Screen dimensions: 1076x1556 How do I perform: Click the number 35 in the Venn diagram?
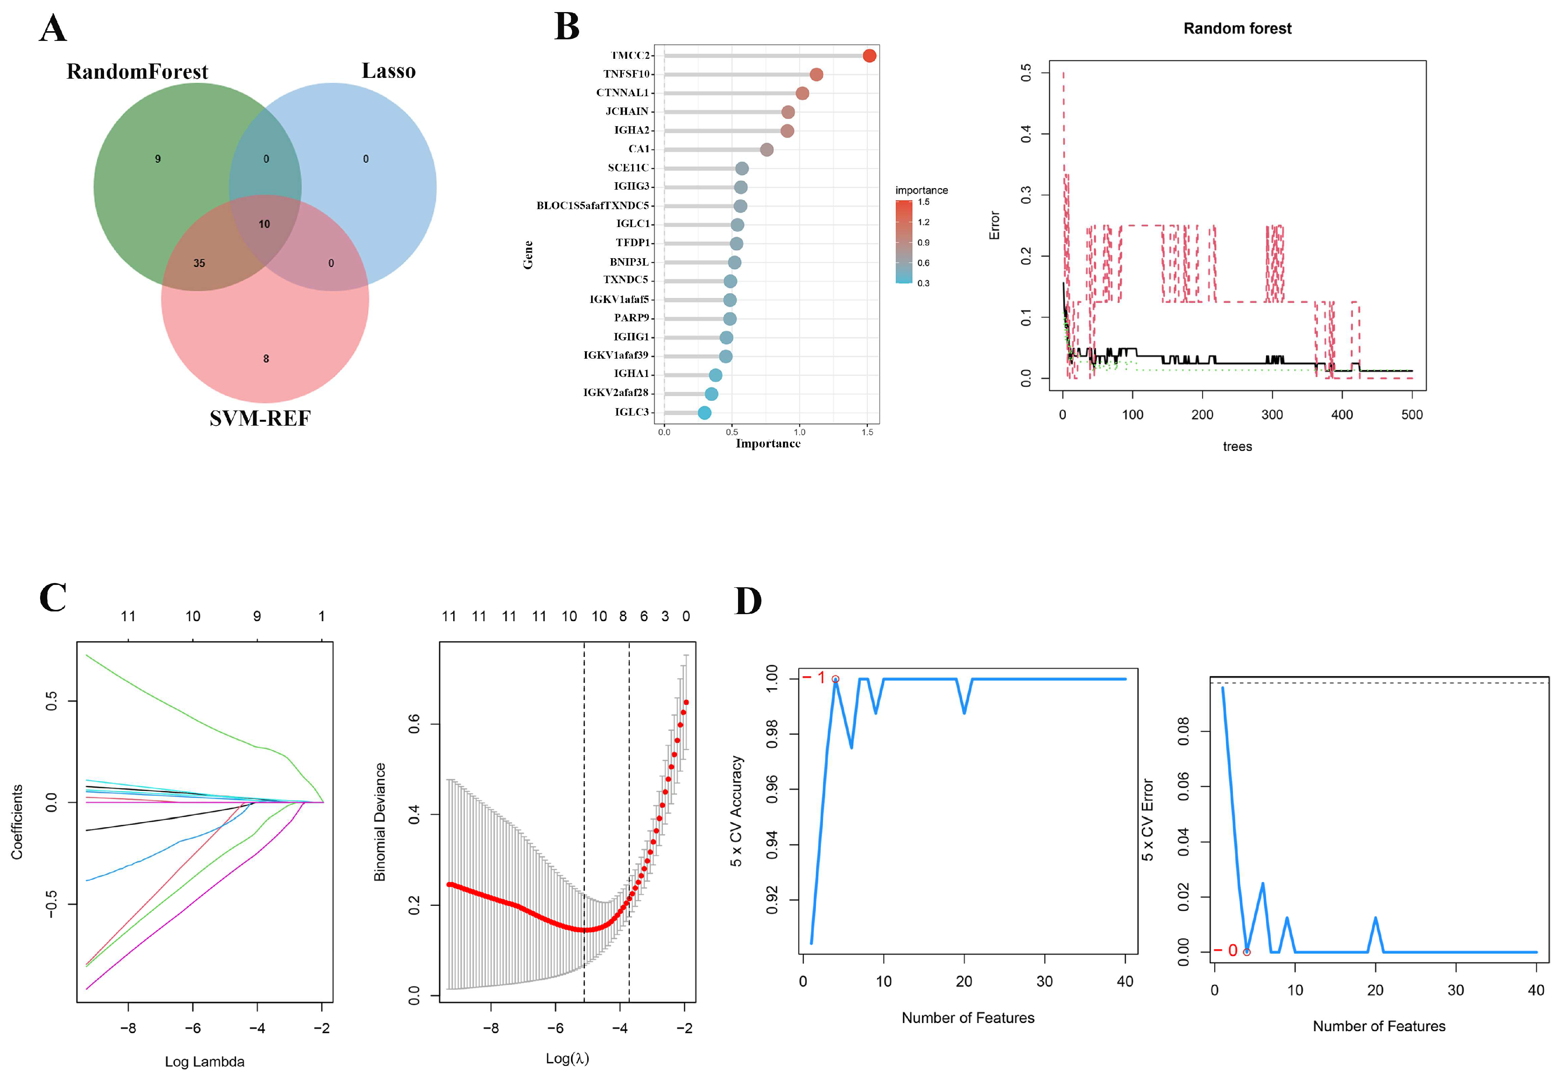[x=199, y=263]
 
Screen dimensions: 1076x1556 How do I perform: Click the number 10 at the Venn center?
[x=264, y=224]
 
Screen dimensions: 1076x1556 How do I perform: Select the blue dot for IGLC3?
[x=704, y=412]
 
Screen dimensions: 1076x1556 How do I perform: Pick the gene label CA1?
[x=638, y=149]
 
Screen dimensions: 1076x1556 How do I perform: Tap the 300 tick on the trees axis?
[x=1272, y=415]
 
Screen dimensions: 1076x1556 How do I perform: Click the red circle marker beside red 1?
[x=835, y=679]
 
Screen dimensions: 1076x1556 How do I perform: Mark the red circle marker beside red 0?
[x=1247, y=952]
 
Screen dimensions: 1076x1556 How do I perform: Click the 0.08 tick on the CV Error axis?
[x=1183, y=731]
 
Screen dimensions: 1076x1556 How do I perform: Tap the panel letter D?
[x=747, y=601]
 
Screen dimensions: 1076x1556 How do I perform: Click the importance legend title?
[x=921, y=190]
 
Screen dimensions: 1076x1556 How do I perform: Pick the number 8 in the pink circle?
[x=266, y=359]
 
